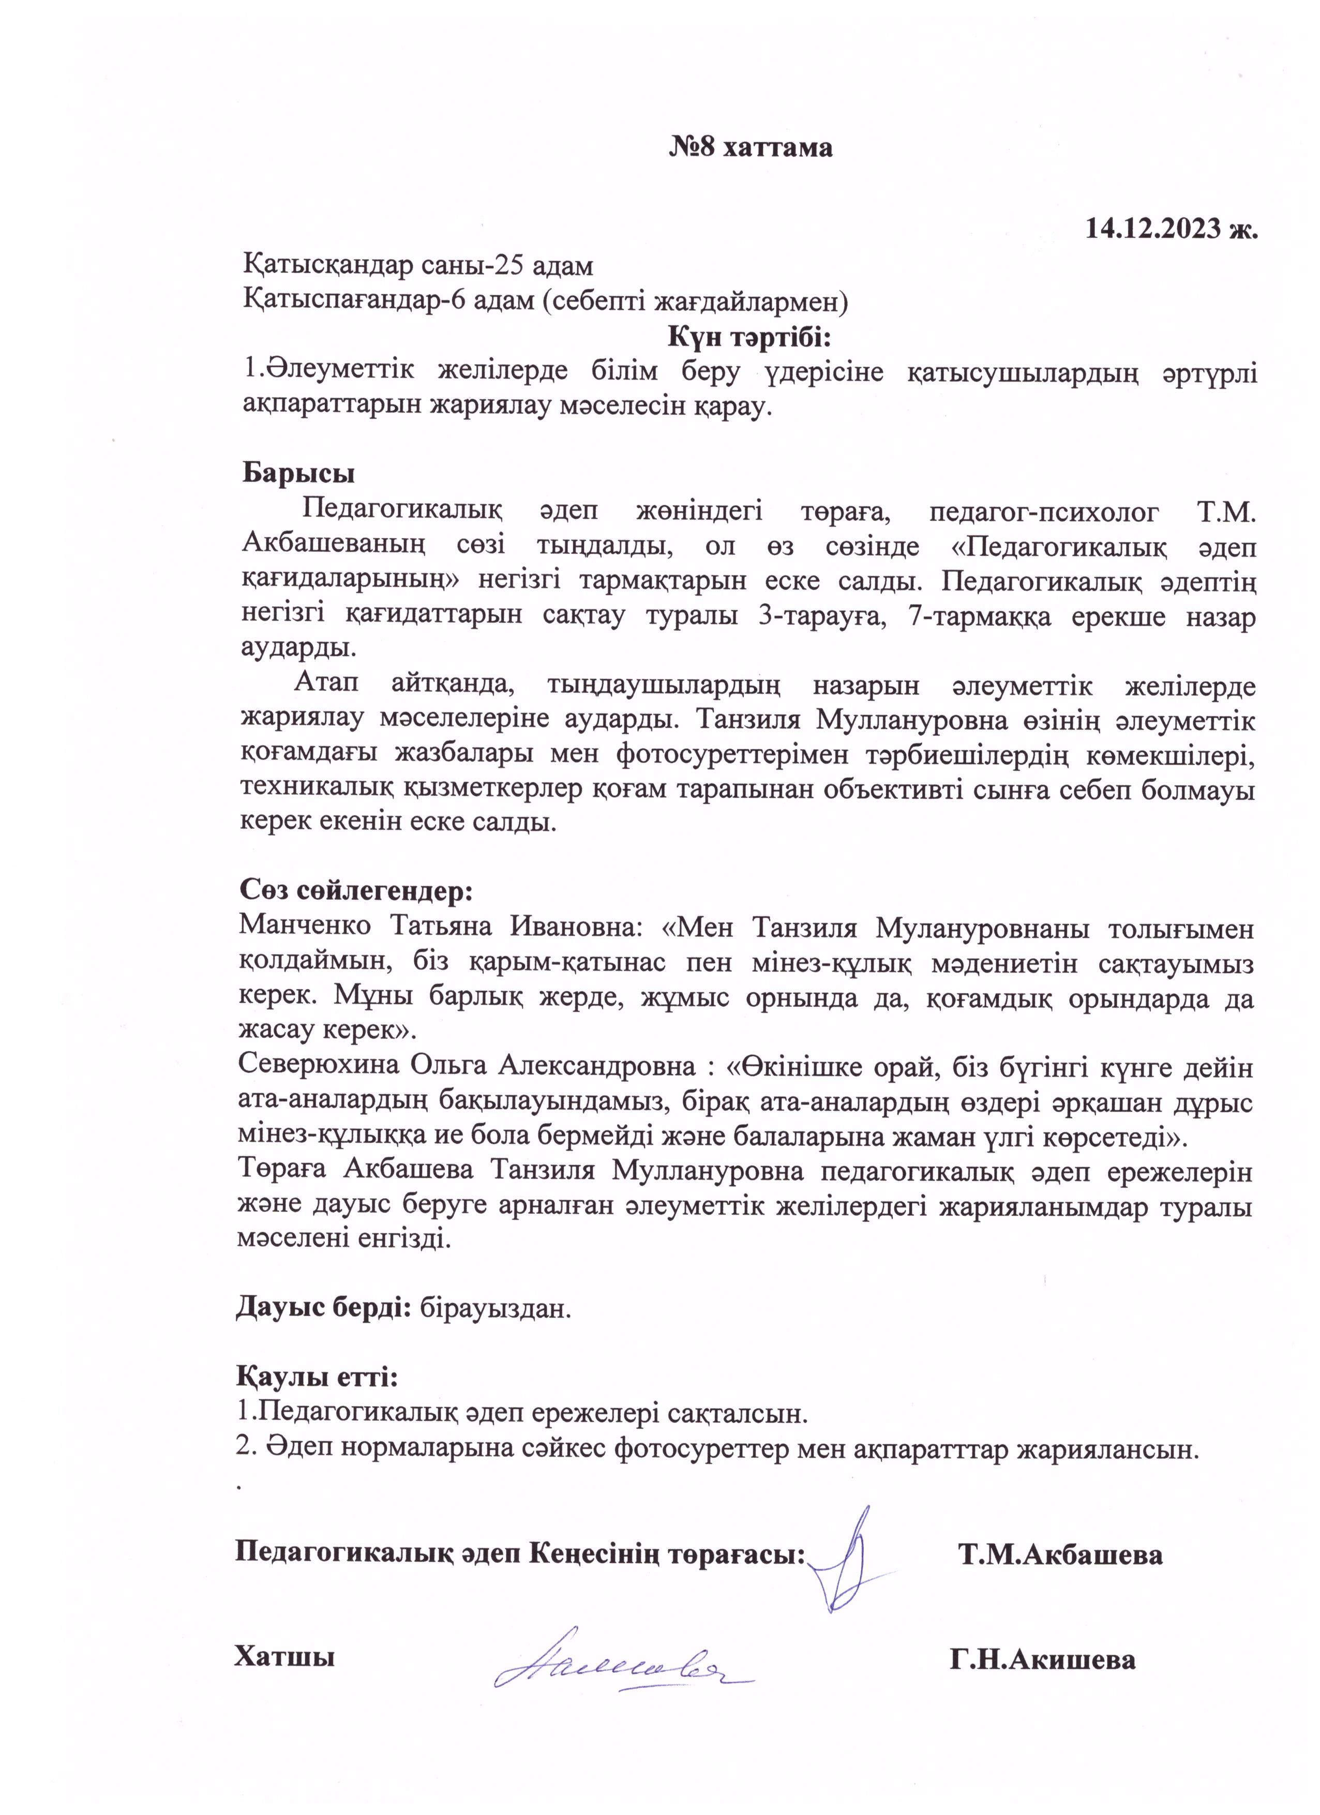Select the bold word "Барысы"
[x=298, y=472]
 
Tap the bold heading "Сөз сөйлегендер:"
[x=355, y=890]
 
